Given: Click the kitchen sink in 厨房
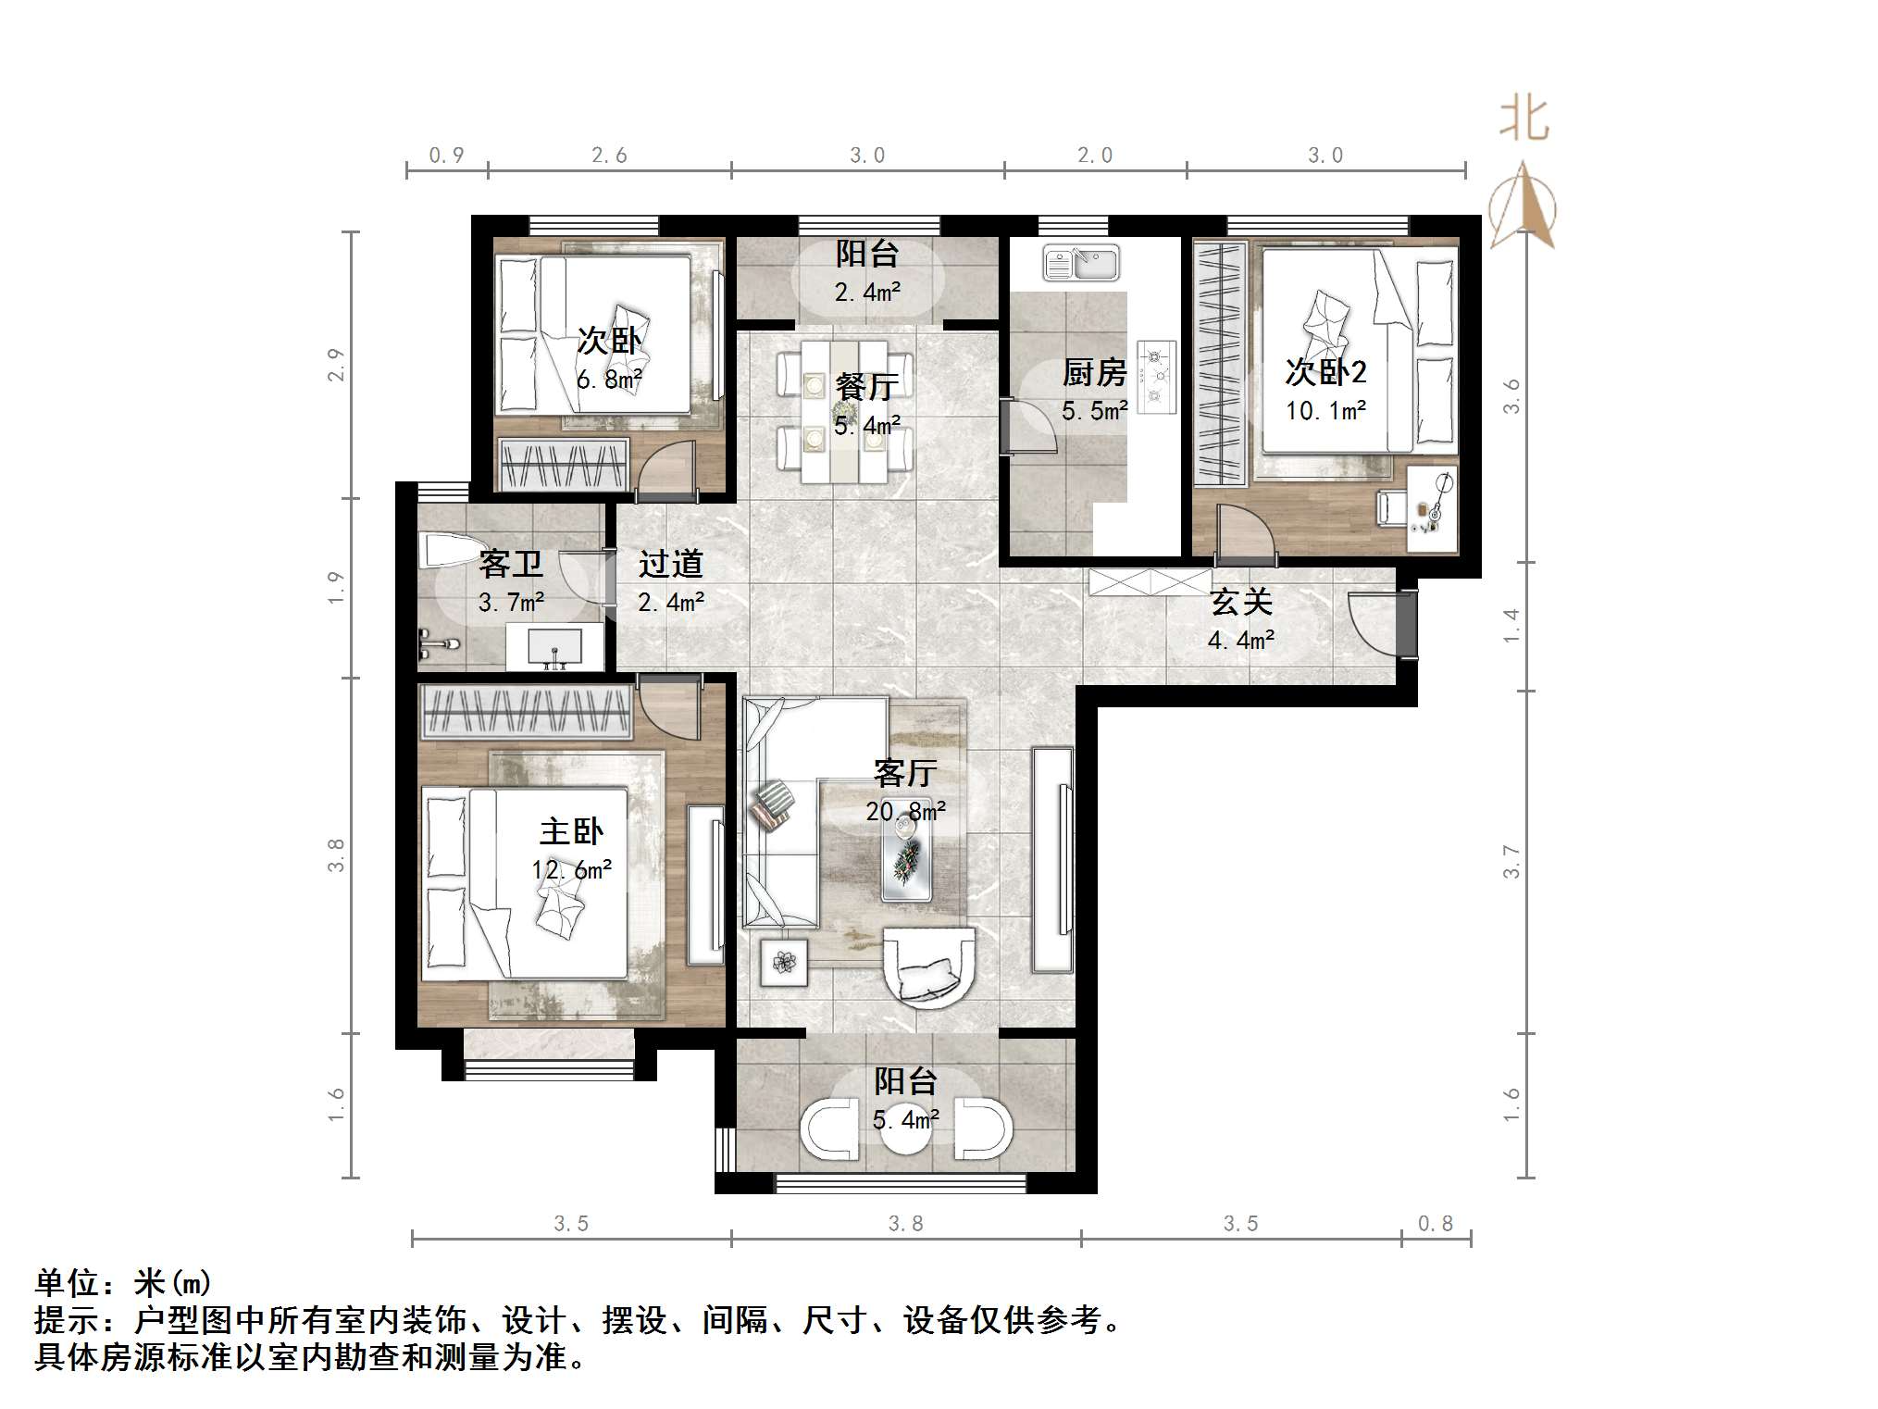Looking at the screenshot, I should tap(1080, 263).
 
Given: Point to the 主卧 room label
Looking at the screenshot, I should tap(571, 831).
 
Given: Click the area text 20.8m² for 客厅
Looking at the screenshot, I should tap(905, 812).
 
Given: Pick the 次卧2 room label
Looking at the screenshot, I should tap(1325, 372).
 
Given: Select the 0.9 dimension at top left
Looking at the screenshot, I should tap(446, 156).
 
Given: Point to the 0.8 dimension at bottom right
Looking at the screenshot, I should tap(1436, 1224).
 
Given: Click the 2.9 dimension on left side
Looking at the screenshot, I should tap(336, 364).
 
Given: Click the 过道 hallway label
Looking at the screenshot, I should tap(671, 564).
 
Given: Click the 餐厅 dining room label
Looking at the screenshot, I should tap(866, 386).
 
